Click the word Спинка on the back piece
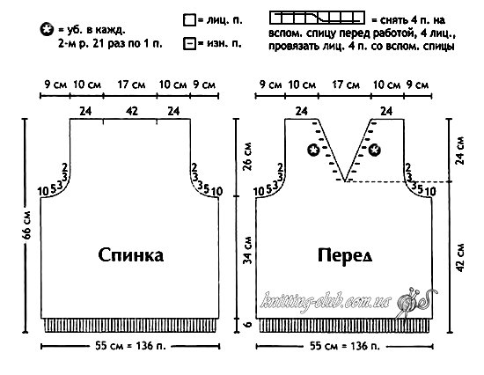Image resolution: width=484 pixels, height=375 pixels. point(131,255)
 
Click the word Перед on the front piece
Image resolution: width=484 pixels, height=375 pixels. point(345,256)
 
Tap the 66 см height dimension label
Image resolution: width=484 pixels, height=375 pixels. point(27,224)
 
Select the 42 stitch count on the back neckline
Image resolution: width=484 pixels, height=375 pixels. point(132,111)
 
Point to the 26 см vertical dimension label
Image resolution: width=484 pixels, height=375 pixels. point(247,157)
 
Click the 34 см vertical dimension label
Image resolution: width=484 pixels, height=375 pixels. point(247,251)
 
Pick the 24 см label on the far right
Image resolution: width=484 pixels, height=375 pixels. point(459,151)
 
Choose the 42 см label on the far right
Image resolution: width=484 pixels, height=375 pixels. point(459,258)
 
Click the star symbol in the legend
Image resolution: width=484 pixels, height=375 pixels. point(47,30)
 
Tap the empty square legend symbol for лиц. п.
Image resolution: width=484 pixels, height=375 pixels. point(189,20)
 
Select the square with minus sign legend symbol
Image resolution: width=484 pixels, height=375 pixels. point(189,43)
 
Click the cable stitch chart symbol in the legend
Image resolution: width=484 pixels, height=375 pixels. point(317,18)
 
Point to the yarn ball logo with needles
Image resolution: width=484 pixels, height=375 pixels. point(412,304)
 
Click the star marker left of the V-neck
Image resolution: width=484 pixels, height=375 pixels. point(313,151)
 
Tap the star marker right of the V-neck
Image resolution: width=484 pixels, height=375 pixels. point(374,151)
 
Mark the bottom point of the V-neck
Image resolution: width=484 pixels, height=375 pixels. point(345,181)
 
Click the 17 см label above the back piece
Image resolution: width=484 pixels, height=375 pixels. point(131,85)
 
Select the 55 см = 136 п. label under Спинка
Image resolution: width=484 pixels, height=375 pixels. point(130,346)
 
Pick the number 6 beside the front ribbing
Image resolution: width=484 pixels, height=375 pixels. point(248,325)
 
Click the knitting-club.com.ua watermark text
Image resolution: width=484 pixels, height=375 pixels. point(326,300)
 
